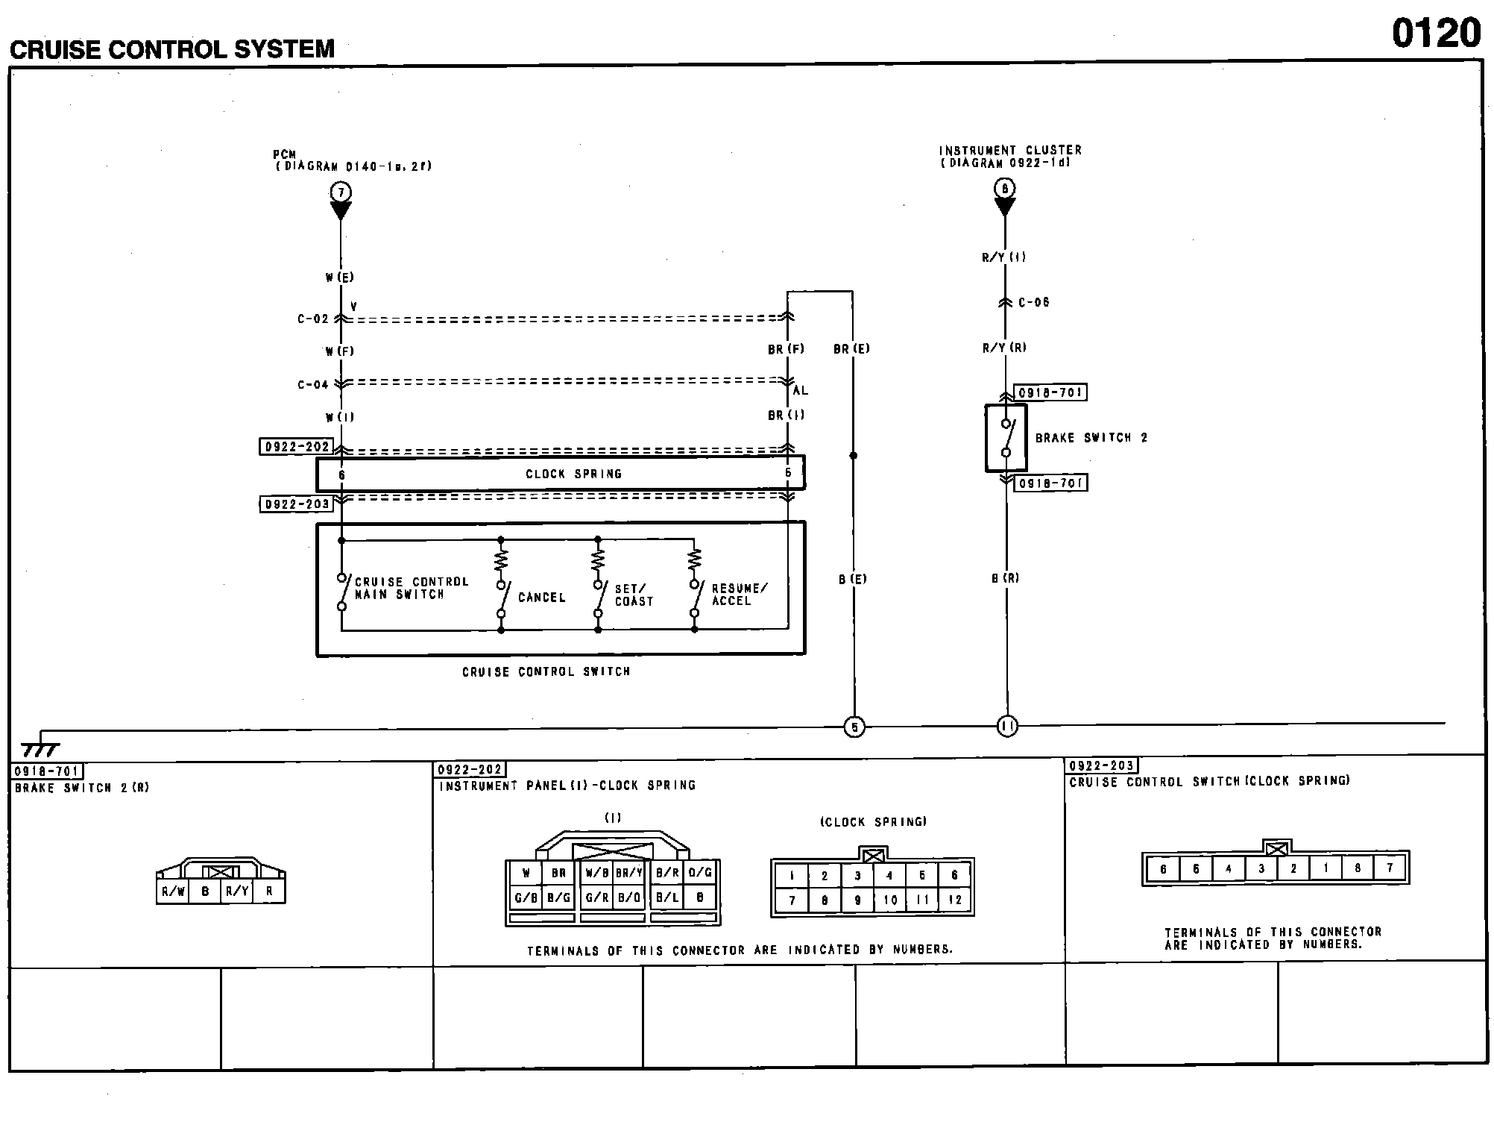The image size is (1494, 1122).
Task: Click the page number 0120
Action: [x=1435, y=34]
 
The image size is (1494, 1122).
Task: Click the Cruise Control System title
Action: [x=172, y=49]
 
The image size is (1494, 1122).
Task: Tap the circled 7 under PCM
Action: [x=341, y=192]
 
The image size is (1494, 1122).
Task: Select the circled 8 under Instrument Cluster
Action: [x=1004, y=189]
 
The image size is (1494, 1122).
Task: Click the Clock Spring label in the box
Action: [x=573, y=474]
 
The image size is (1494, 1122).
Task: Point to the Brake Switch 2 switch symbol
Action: [x=1006, y=438]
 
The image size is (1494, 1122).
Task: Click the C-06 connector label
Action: [x=1033, y=302]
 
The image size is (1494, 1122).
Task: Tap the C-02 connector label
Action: [x=312, y=319]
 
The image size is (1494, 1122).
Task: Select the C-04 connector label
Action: [x=312, y=385]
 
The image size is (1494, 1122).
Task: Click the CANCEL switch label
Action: [x=541, y=598]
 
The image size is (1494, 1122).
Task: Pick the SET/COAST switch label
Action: [x=633, y=595]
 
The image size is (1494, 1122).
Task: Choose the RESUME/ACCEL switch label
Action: [x=738, y=595]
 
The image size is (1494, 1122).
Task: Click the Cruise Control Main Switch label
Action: [x=411, y=588]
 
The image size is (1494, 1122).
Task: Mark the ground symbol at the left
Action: [x=40, y=748]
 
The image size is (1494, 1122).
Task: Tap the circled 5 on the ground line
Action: [x=854, y=727]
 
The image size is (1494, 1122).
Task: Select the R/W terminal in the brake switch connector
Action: [x=173, y=891]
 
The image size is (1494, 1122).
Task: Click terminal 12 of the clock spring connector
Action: [x=955, y=900]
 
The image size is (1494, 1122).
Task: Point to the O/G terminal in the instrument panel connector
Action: [x=699, y=872]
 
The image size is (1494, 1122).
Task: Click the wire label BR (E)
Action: [x=851, y=349]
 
